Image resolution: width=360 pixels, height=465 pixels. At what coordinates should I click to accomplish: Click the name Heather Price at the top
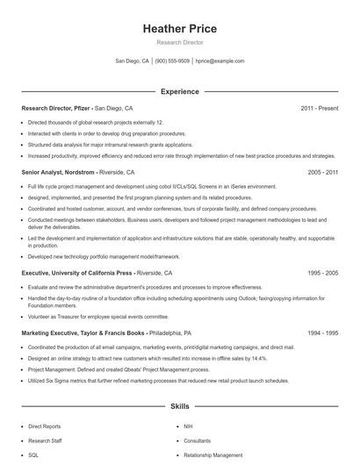[x=179, y=29]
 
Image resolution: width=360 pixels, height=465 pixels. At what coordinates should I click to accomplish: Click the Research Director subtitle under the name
[x=179, y=42]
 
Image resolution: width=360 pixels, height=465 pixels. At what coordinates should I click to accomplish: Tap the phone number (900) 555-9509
[x=172, y=61]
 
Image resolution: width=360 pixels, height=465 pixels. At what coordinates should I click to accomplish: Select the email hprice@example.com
[x=220, y=61]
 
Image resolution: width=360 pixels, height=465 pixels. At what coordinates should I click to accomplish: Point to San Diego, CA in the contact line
[x=132, y=61]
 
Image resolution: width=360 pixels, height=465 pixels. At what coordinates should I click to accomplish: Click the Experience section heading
[x=179, y=91]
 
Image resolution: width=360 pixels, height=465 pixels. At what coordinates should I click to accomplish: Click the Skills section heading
[x=179, y=407]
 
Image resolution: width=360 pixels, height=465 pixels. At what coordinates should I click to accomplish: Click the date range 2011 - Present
[x=319, y=108]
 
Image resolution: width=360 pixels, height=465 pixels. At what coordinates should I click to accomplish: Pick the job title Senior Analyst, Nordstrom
[x=58, y=173]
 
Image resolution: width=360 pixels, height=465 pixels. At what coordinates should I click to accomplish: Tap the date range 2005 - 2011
[x=322, y=173]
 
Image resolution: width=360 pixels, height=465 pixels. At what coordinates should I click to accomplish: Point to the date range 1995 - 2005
[x=322, y=273]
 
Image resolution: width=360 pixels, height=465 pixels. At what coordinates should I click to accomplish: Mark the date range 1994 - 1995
[x=322, y=333]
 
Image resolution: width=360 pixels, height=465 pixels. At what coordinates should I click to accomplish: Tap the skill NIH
[x=188, y=426]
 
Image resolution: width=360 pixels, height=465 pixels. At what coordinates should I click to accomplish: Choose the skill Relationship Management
[x=212, y=455]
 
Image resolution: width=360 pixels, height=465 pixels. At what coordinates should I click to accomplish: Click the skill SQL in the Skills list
[x=33, y=455]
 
